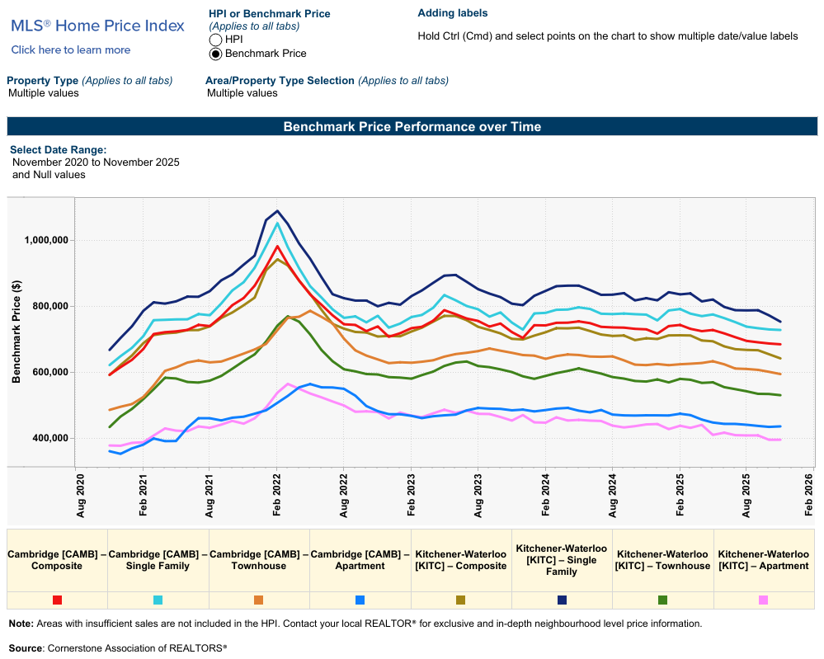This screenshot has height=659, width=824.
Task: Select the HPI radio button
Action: [x=216, y=40]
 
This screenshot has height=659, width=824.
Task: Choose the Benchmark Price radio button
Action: [x=216, y=54]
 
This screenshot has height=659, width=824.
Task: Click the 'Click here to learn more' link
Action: [x=71, y=50]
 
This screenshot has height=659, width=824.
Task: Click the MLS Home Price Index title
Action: [x=97, y=26]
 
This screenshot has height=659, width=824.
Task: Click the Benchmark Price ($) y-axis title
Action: [x=16, y=332]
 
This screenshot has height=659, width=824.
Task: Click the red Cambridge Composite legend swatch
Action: [x=57, y=600]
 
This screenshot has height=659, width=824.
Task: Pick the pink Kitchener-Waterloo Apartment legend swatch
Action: [x=763, y=600]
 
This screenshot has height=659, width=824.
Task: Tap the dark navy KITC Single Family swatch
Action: [x=562, y=600]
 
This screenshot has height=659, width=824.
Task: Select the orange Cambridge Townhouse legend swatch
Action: [x=259, y=600]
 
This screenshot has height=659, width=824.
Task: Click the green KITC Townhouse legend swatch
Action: [x=662, y=600]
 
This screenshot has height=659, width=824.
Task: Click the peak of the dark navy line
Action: [x=277, y=211]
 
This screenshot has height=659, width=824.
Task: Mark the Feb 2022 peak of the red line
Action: [x=277, y=246]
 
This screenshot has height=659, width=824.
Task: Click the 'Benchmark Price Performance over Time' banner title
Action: [x=412, y=127]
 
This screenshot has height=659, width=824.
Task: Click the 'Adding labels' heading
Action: [x=453, y=13]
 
